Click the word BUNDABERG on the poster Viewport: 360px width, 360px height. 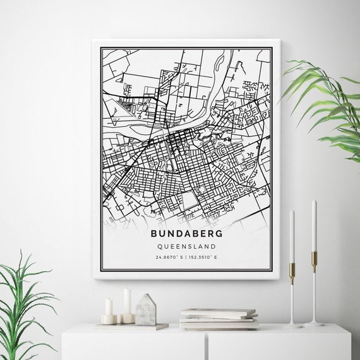pos(188,233)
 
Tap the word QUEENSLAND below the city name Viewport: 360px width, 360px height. pos(188,246)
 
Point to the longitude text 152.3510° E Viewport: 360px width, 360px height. pos(206,258)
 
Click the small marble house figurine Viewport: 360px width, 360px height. pos(146,310)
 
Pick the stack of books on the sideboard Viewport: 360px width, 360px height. pos(218,318)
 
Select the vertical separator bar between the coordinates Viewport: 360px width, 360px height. pos(188,258)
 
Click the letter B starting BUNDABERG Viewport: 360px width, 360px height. pos(154,233)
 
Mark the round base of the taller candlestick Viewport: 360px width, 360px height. pos(313,324)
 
